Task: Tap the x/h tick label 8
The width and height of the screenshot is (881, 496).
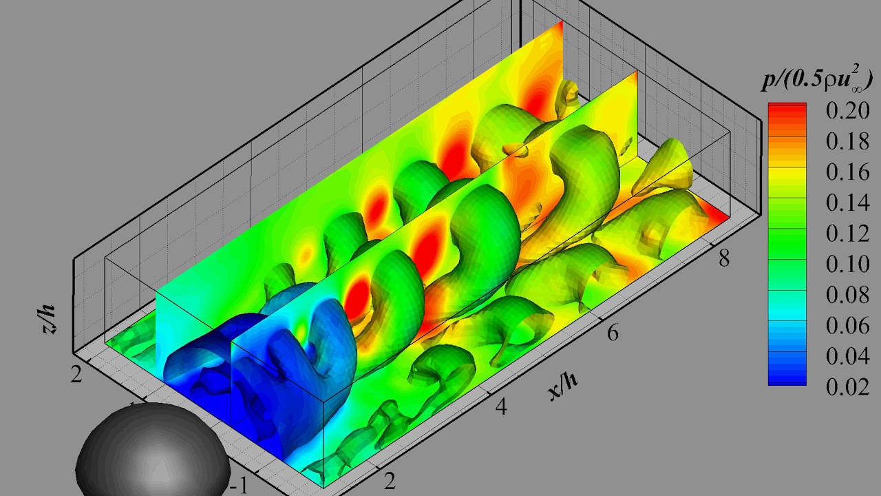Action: click(x=723, y=258)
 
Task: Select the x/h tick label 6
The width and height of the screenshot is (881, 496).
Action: click(x=612, y=333)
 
